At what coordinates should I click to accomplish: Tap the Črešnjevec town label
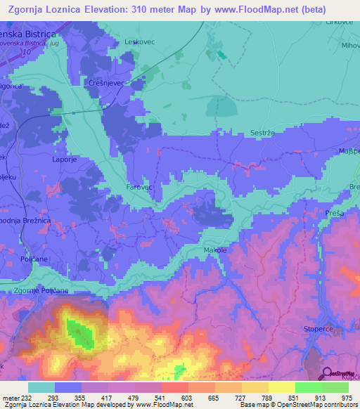[106, 83]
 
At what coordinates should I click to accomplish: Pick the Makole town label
[217, 249]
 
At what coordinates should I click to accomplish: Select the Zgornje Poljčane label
[41, 290]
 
